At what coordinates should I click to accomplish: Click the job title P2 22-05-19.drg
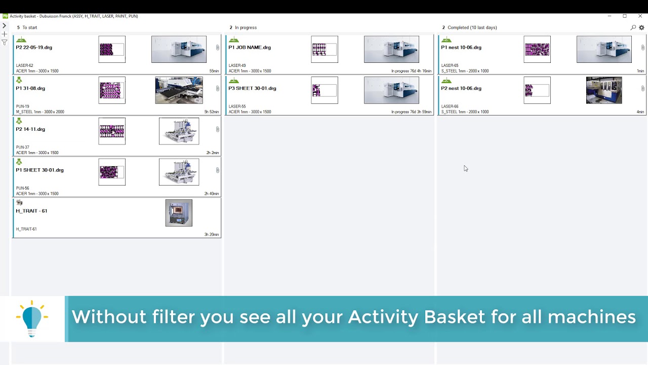34,48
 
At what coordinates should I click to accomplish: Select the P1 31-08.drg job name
30,88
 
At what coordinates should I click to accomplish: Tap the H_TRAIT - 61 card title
31,211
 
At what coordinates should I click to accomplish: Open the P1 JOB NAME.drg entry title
250,48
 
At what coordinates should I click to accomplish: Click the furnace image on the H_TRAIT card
179,213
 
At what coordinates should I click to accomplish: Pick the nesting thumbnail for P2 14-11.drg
112,131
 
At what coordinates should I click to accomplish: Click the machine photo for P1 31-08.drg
179,90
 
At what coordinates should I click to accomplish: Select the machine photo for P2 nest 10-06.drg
603,90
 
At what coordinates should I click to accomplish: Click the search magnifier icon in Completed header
633,27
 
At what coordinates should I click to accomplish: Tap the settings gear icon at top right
641,27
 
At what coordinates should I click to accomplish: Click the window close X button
640,16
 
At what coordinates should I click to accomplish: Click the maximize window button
625,16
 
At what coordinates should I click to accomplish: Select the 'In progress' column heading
246,27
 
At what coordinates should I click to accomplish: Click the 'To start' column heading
29,27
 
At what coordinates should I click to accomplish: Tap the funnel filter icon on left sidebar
5,43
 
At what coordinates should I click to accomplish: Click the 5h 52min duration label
212,112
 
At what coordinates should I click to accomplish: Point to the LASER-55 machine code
237,106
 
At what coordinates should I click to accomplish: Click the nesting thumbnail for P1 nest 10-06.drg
537,50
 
